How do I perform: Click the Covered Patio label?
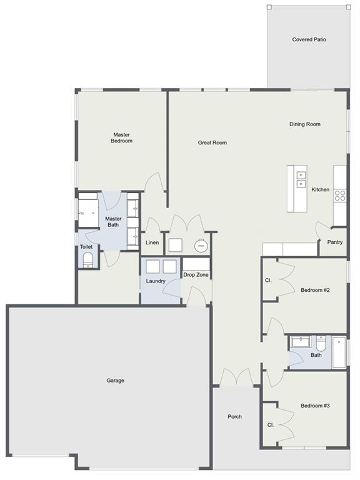tap(309, 39)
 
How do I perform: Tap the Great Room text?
tap(212, 142)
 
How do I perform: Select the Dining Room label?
tap(305, 124)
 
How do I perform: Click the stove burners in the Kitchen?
tap(340, 196)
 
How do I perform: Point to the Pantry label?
tap(335, 242)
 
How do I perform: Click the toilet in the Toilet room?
tap(88, 260)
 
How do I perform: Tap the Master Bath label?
tap(113, 222)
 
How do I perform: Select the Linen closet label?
tap(152, 242)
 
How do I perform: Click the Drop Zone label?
tap(196, 275)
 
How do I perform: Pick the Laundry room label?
tap(156, 281)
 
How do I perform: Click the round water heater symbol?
tap(201, 246)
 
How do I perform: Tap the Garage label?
tap(116, 381)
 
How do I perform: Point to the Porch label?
tap(235, 417)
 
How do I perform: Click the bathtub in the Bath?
tap(339, 352)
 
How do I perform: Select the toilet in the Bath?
tap(321, 344)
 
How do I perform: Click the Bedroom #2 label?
tap(315, 290)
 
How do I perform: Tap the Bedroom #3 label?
tap(315, 406)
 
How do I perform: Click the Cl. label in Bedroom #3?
tap(270, 425)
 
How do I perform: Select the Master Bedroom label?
tap(121, 137)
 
